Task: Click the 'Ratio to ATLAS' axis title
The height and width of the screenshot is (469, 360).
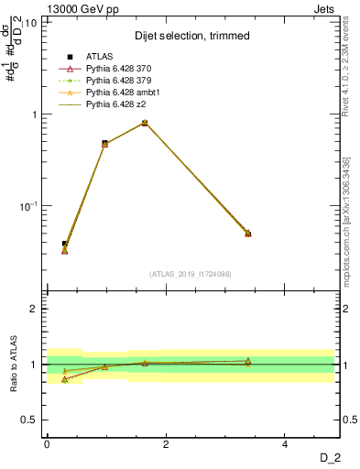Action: pos(13,364)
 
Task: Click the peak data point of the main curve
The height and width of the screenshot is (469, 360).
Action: pos(145,123)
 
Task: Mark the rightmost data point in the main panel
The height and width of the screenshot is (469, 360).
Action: pos(247,234)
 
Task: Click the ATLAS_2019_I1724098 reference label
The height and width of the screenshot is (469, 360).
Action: pos(191,274)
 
